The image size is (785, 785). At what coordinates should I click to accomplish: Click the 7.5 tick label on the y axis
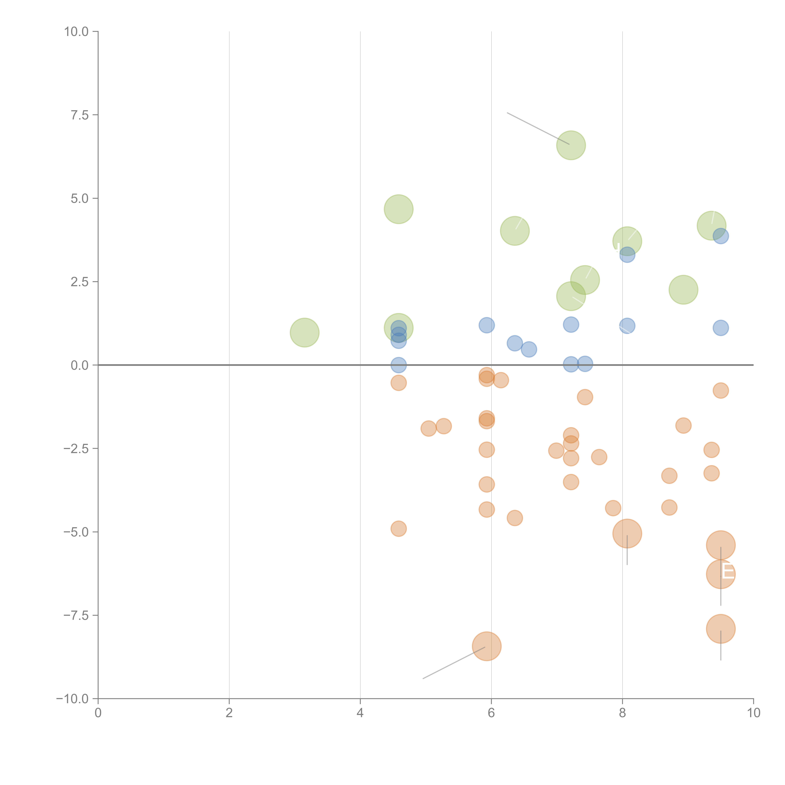80,115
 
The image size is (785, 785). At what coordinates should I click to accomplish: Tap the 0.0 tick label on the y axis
80,365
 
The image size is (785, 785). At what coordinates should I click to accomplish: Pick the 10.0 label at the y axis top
76,32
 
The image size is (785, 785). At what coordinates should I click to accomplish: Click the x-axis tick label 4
360,713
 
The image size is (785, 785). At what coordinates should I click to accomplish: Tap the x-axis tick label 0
98,713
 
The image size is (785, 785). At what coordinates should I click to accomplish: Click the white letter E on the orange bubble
728,572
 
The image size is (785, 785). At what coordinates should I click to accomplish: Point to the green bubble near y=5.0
399,209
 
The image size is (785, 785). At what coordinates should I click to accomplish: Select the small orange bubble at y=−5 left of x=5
399,529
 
